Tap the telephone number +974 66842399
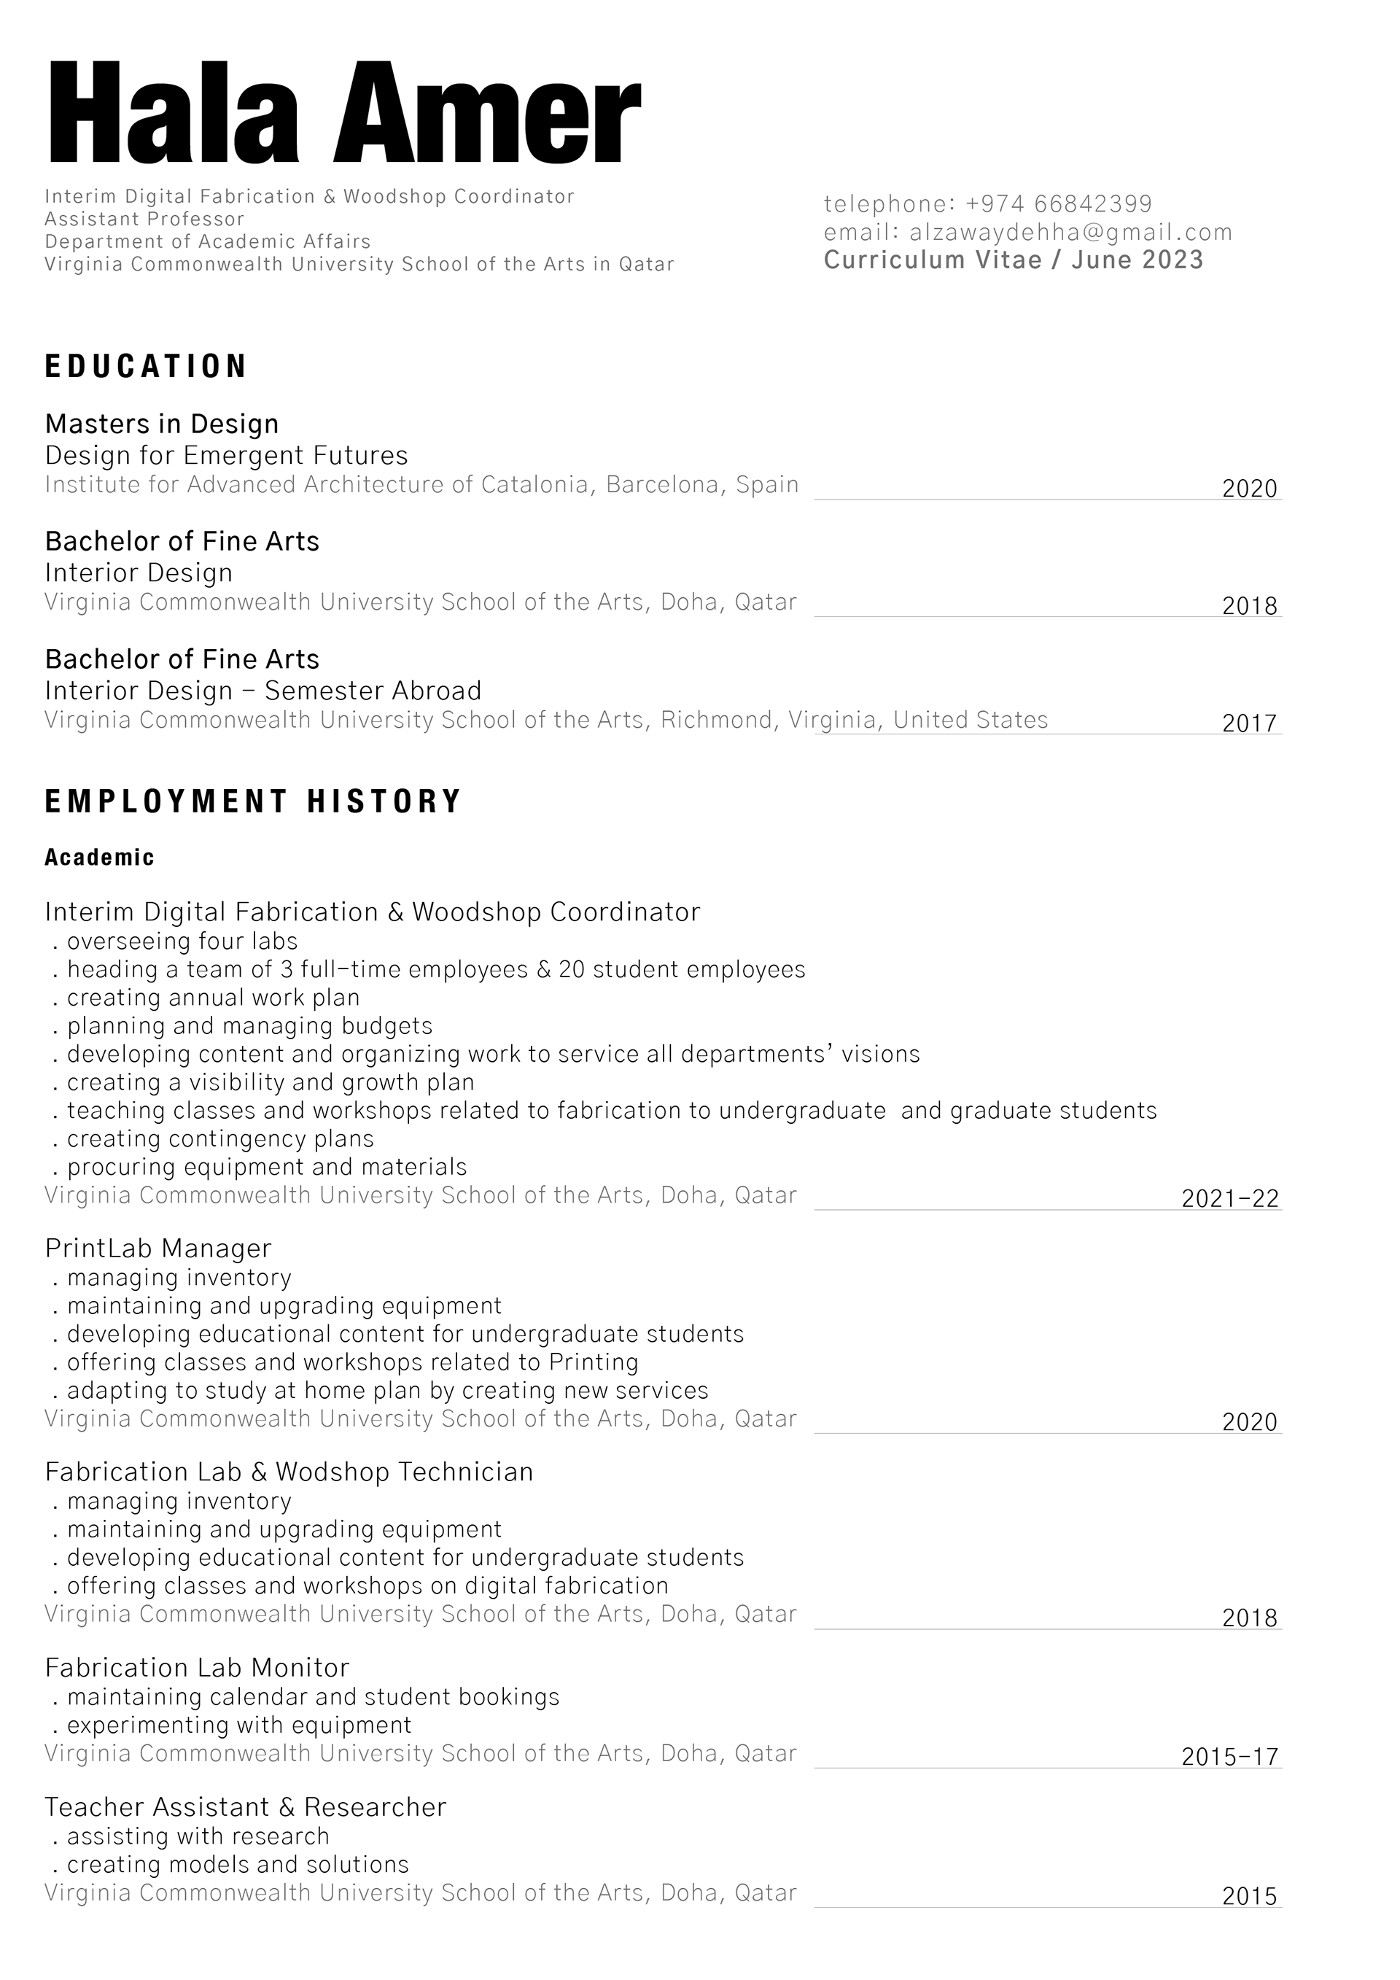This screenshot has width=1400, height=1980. (1059, 204)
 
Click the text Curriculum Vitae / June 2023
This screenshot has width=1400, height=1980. (1013, 260)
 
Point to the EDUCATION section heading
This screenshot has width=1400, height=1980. (146, 367)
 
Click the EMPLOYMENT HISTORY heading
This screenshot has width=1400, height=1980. (254, 802)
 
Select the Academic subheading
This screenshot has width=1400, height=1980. (99, 858)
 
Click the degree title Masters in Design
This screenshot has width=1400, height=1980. (162, 424)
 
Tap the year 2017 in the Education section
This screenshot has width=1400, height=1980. (1249, 723)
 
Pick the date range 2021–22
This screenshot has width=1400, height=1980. (1230, 1199)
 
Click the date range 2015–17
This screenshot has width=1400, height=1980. (1230, 1758)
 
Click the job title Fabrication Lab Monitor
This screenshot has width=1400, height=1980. (197, 1668)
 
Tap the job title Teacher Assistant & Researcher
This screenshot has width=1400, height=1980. (245, 1806)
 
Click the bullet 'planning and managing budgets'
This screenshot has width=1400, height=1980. (249, 1025)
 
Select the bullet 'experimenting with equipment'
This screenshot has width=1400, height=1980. (238, 1725)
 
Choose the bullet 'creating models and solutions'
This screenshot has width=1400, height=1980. (237, 1865)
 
